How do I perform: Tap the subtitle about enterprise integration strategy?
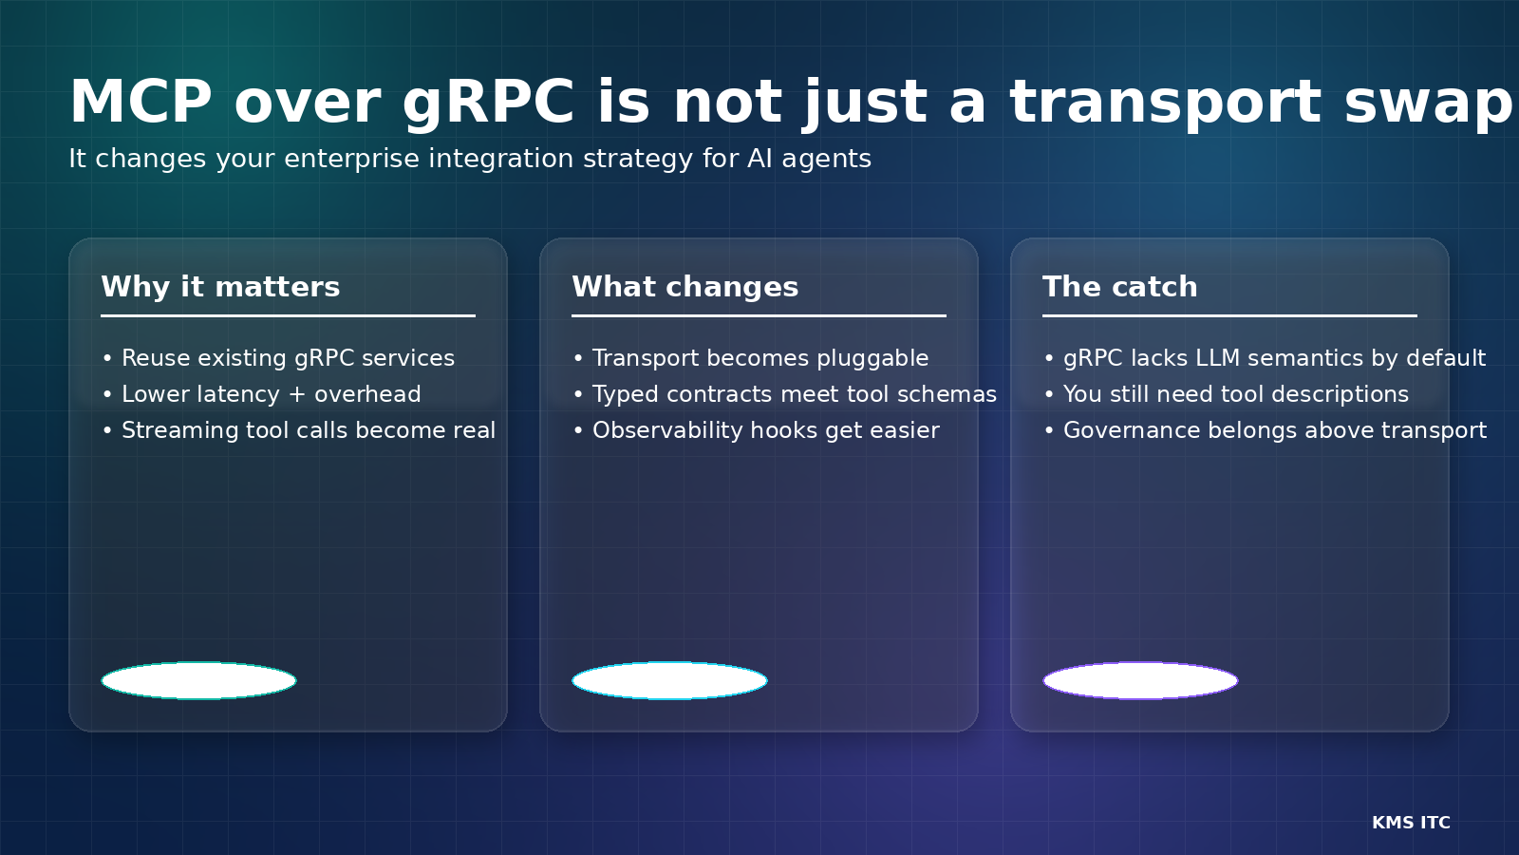470,159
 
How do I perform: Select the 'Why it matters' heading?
220,287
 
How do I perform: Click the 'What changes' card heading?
684,287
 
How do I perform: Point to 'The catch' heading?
1120,286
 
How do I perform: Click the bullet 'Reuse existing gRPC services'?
278,358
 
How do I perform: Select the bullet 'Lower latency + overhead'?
261,394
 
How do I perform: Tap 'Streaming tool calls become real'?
298,430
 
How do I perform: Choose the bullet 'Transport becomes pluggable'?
751,358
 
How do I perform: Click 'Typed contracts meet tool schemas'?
784,394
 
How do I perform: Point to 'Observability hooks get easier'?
756,430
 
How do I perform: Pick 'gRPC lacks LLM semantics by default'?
1265,358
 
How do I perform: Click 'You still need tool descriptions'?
1226,394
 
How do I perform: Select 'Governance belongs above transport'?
1266,430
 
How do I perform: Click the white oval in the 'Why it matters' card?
198,680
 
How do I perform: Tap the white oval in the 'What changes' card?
670,680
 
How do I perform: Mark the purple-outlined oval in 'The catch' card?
1140,680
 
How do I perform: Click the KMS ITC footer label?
1411,823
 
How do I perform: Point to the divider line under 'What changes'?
759,315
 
